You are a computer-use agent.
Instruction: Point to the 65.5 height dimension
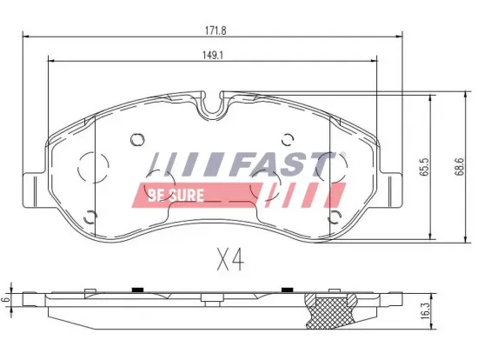click(x=425, y=168)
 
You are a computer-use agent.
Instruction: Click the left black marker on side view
click(x=136, y=289)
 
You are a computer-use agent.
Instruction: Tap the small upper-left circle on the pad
click(x=136, y=138)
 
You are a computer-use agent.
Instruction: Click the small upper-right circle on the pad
click(x=289, y=138)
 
